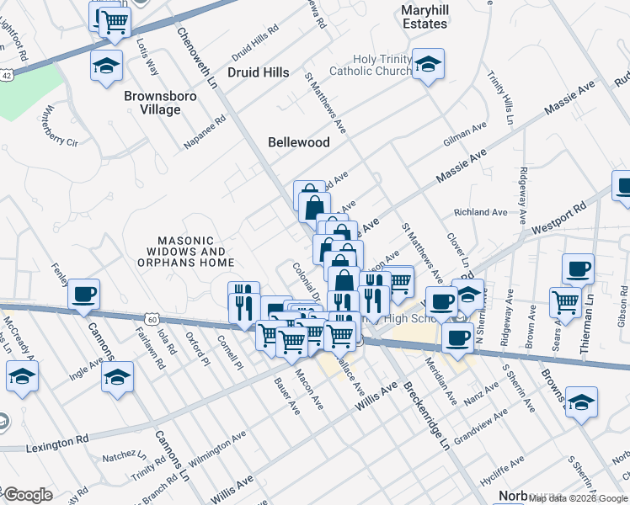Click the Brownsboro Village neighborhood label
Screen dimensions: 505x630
click(152, 103)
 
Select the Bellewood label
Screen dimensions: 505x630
click(298, 142)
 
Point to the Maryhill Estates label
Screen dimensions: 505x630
click(424, 17)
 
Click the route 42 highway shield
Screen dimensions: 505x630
click(6, 74)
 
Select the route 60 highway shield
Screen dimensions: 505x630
click(152, 319)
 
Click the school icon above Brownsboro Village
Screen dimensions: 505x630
click(107, 66)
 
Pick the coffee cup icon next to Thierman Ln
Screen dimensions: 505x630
click(578, 269)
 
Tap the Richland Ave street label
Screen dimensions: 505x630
click(480, 213)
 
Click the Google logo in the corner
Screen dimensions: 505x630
click(27, 495)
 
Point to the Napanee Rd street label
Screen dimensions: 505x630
click(206, 133)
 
